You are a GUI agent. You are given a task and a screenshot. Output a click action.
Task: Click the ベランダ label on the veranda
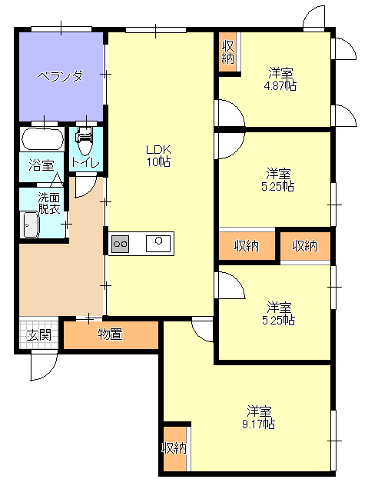61,76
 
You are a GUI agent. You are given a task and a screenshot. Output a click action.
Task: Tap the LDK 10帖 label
158,155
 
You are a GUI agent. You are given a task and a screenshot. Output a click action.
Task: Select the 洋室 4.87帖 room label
280,79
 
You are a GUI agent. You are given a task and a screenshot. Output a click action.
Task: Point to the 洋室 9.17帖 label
259,417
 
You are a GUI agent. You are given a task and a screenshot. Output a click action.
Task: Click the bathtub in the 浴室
42,138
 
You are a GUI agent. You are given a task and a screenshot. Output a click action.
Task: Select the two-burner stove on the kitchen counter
121,244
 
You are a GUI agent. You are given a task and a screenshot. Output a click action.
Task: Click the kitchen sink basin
158,244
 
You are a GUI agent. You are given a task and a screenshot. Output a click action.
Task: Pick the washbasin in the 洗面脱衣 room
31,225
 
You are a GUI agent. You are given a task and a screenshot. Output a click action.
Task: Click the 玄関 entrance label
39,334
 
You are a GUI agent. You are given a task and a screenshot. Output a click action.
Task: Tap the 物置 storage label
110,334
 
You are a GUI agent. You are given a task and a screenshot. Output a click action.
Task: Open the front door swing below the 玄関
44,366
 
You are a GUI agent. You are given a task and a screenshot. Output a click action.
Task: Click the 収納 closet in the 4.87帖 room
227,52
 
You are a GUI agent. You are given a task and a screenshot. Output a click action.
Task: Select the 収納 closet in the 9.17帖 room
174,448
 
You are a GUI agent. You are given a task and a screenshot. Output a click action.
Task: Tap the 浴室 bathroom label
41,165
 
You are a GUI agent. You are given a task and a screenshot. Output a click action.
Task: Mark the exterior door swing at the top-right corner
313,18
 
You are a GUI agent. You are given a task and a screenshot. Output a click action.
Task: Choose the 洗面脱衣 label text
49,203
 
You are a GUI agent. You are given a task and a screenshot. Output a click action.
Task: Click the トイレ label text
85,163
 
